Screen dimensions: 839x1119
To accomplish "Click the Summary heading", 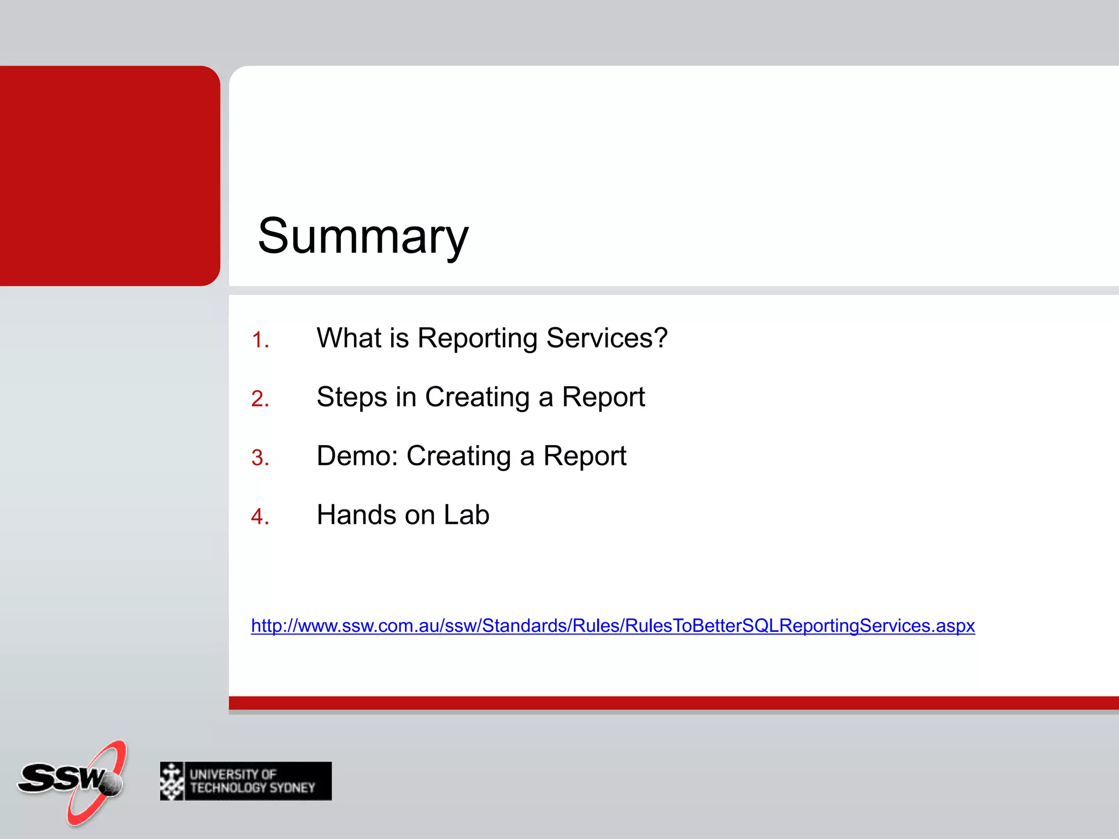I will (x=363, y=236).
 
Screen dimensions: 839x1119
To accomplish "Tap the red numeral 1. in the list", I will (x=260, y=340).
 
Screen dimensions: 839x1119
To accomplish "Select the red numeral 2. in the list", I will (x=260, y=399).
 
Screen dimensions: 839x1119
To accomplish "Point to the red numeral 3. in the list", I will (x=260, y=458).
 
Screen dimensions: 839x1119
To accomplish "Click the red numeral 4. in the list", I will (x=260, y=517).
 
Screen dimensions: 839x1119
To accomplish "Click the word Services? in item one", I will (x=606, y=338).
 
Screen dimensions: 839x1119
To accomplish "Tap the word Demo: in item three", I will (x=357, y=456).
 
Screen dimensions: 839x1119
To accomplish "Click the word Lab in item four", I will (x=466, y=515).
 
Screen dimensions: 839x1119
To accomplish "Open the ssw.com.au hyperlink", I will (x=612, y=625).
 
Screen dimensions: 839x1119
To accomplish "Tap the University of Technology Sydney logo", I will (x=246, y=781).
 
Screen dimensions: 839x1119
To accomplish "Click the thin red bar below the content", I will (x=672, y=703).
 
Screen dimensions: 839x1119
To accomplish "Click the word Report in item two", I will (x=603, y=397).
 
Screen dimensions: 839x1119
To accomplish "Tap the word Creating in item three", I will (x=458, y=456).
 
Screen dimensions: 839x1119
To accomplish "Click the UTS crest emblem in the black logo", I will (x=172, y=781).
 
